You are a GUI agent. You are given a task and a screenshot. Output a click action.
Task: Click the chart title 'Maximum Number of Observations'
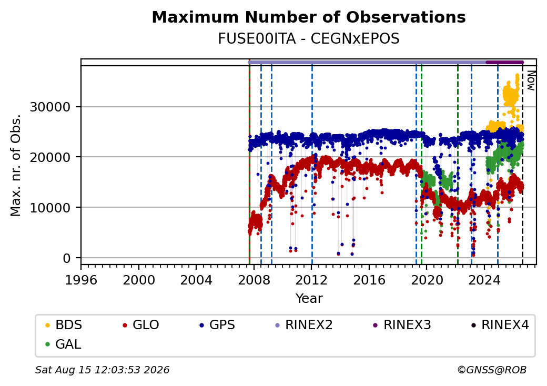click(309, 17)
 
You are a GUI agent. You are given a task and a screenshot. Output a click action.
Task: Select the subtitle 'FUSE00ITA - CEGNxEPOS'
click(309, 39)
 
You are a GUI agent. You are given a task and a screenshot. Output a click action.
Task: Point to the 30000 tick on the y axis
click(50, 107)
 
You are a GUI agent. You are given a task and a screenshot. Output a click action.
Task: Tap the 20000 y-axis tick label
click(50, 157)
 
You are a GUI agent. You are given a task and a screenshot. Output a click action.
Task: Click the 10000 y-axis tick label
click(50, 208)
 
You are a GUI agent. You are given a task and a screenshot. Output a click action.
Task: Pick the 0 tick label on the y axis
click(67, 258)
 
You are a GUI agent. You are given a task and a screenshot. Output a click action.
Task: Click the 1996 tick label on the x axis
click(81, 280)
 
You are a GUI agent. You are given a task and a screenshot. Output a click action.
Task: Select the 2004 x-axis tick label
click(196, 280)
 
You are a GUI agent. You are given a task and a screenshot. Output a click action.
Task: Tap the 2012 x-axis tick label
click(311, 280)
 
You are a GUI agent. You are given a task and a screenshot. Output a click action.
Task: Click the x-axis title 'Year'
click(309, 299)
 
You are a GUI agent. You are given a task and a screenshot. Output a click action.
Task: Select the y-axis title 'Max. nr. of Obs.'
click(16, 165)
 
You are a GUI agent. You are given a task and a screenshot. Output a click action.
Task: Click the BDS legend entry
click(64, 325)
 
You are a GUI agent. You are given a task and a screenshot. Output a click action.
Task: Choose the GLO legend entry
click(140, 325)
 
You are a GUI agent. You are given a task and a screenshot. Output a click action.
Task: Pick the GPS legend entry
click(217, 325)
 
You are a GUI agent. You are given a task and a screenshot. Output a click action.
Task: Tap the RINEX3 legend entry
click(402, 325)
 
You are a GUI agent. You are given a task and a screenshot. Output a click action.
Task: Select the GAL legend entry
click(63, 344)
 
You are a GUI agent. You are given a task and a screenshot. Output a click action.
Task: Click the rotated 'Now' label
click(531, 80)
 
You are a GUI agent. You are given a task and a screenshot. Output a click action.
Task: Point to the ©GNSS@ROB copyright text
click(492, 370)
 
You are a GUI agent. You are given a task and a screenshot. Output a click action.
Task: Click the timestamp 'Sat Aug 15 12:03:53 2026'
click(102, 370)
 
